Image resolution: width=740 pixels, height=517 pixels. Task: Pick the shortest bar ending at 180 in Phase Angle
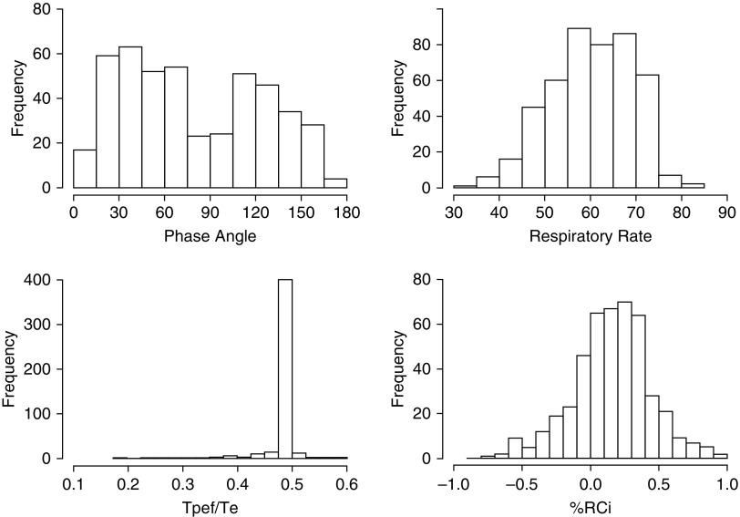coord(335,183)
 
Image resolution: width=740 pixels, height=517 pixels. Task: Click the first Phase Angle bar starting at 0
coord(85,169)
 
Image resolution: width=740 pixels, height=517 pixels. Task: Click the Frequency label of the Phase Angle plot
coord(16,98)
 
